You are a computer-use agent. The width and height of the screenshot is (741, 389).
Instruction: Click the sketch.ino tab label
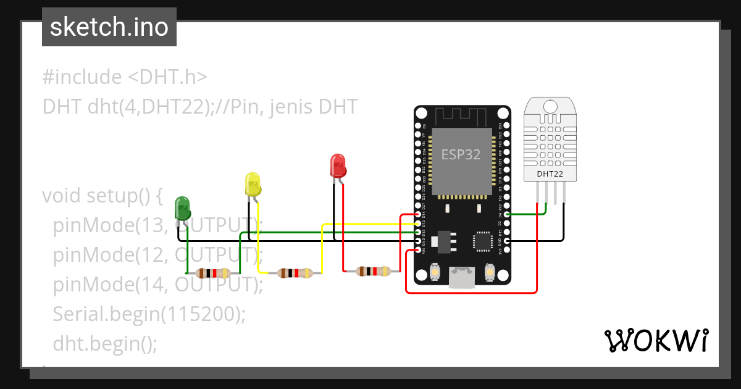tap(109, 27)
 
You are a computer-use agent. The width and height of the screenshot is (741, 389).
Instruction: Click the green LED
tap(183, 209)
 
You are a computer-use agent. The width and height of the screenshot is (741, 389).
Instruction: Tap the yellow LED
tap(253, 185)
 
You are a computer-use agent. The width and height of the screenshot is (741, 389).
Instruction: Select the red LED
tap(338, 165)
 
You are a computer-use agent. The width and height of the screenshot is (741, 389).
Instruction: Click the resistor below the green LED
tap(212, 273)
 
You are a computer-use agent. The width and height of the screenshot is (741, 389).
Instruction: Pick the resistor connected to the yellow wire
tap(295, 273)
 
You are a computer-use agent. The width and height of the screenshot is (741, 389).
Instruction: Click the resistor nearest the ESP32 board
tap(374, 270)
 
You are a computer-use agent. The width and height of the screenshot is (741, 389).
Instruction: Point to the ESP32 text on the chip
tap(461, 154)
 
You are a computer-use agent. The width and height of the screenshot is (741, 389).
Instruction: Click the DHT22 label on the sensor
tap(550, 174)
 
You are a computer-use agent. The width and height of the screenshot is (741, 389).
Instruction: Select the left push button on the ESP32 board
tap(435, 272)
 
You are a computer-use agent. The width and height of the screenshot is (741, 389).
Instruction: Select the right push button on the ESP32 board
tap(490, 272)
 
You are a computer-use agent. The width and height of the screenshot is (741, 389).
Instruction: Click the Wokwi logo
tap(656, 340)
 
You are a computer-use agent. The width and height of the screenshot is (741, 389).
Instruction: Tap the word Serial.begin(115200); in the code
tap(149, 314)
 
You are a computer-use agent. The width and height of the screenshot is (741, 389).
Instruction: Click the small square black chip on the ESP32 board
tap(482, 241)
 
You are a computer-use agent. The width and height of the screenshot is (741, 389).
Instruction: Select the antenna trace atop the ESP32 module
tap(462, 117)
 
